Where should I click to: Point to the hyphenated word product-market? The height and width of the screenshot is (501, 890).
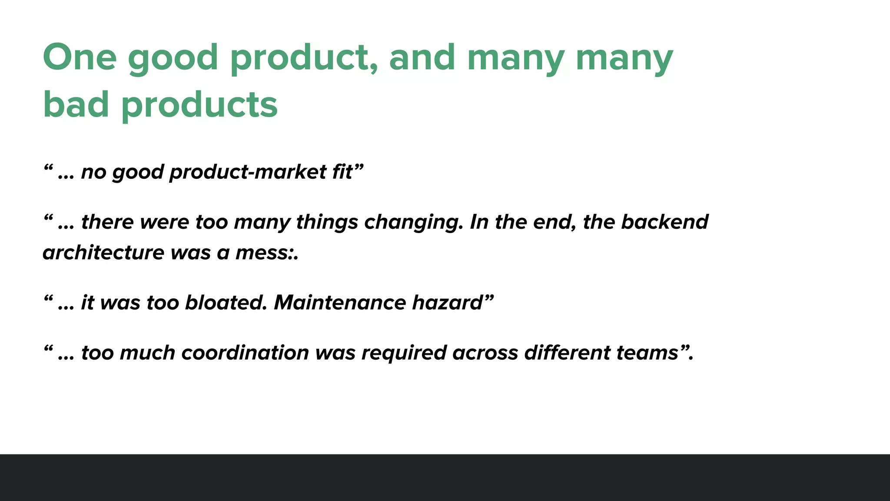248,172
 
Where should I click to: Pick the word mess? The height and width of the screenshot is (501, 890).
263,253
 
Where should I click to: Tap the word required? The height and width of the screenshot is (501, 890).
404,353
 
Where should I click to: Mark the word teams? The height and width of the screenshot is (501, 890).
648,353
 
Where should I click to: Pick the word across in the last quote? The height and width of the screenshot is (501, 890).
485,353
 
